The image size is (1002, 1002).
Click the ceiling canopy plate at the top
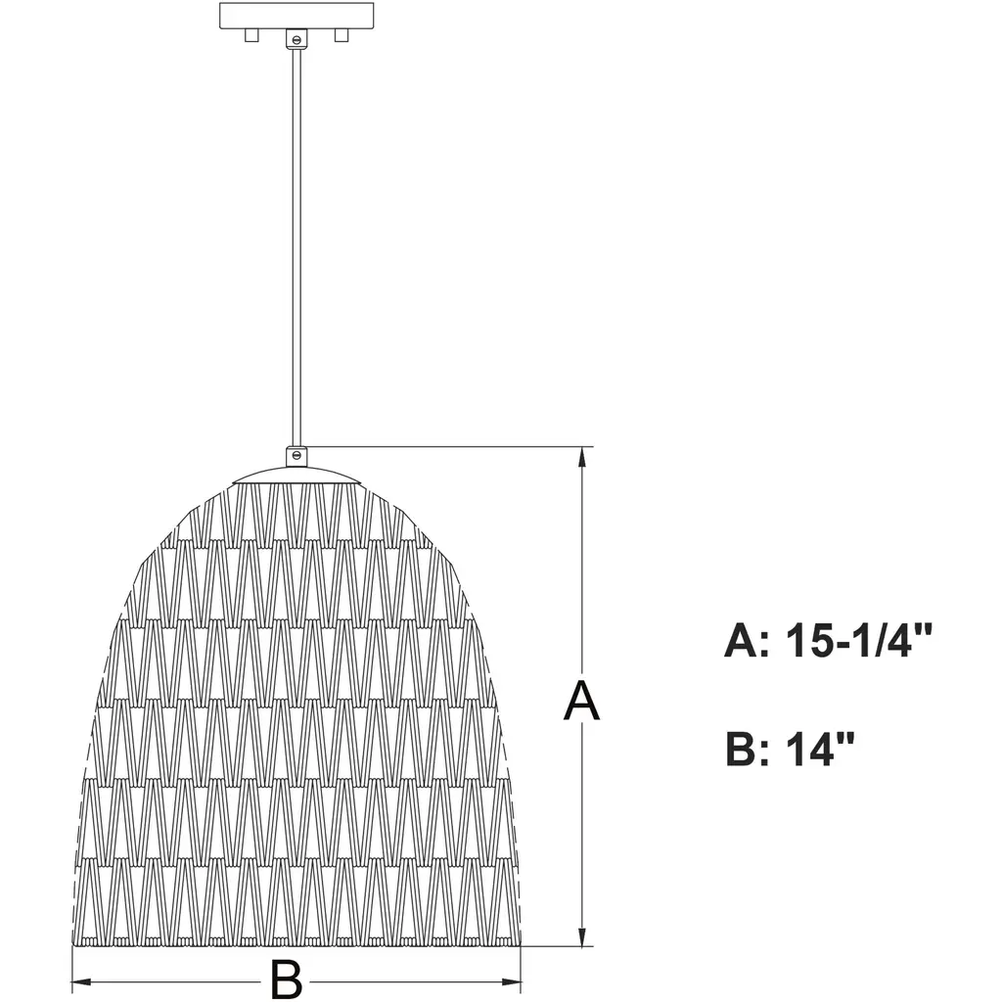tap(296, 16)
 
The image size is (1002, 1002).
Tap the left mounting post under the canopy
tap(251, 36)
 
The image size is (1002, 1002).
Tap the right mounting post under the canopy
tap(342, 36)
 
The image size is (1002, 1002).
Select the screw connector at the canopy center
tap(296, 38)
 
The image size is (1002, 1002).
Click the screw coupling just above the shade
tap(296, 456)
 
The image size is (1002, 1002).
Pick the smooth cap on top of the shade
tap(296, 475)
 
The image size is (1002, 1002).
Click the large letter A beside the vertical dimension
tap(581, 701)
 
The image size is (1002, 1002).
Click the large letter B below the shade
tap(286, 979)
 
